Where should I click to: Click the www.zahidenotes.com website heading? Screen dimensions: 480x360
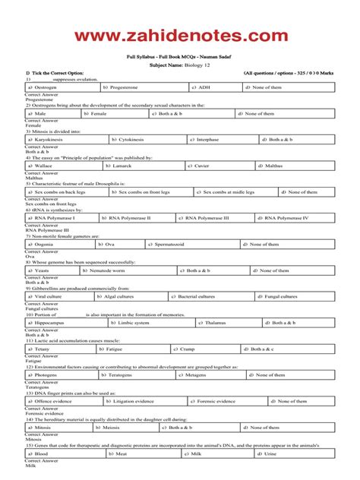180,36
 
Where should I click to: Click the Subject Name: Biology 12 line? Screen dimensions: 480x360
180,66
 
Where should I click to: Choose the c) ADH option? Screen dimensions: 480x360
200,87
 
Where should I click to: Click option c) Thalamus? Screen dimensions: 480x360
209,323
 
